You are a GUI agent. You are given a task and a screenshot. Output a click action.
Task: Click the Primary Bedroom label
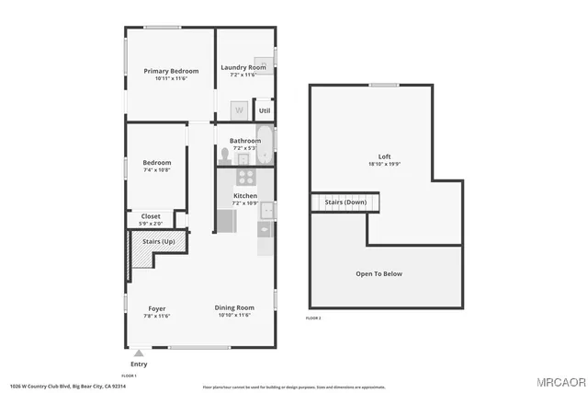(x=171, y=71)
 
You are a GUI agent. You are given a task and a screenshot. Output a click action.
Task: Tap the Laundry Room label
(x=243, y=67)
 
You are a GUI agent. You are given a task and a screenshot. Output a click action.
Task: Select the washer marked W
(x=238, y=110)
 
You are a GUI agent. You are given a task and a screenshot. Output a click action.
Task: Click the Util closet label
(x=264, y=110)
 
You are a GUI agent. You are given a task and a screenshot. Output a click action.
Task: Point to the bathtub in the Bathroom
(x=266, y=144)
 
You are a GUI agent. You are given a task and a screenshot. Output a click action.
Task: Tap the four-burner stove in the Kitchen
(x=245, y=178)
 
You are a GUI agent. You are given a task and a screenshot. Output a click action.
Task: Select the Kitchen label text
(x=244, y=196)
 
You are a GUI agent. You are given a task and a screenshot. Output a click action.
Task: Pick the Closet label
(x=151, y=216)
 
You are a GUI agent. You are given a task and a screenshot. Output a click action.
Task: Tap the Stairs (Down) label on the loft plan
(x=345, y=202)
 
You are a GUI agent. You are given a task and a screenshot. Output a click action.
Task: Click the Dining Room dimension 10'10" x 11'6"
(x=234, y=316)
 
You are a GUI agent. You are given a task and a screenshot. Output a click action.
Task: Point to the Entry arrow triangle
(x=139, y=352)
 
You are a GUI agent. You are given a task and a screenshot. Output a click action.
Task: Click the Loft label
(x=384, y=156)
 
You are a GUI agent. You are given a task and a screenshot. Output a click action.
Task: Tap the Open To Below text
(x=379, y=273)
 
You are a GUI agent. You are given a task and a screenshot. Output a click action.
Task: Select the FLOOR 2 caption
(x=313, y=318)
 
